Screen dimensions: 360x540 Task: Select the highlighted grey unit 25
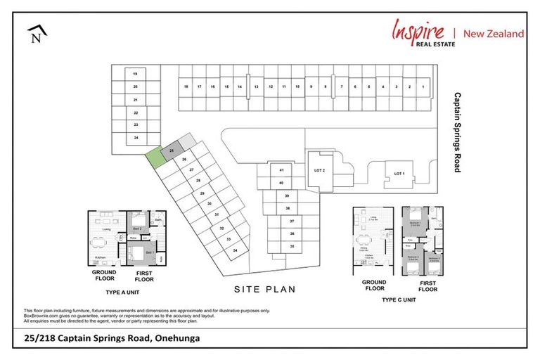click(172, 150)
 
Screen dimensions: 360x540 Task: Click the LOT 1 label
click(399, 173)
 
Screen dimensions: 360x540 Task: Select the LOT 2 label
click(319, 171)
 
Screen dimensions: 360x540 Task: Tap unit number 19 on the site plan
click(134, 74)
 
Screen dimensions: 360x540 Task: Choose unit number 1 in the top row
click(423, 86)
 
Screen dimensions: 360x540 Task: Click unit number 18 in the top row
click(186, 86)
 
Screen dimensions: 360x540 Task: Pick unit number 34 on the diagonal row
click(236, 250)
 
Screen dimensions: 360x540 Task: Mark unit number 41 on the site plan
click(281, 171)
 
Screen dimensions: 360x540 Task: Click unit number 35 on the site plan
click(291, 246)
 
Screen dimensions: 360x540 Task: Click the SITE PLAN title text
click(265, 289)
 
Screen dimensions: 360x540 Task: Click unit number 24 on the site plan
click(135, 137)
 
